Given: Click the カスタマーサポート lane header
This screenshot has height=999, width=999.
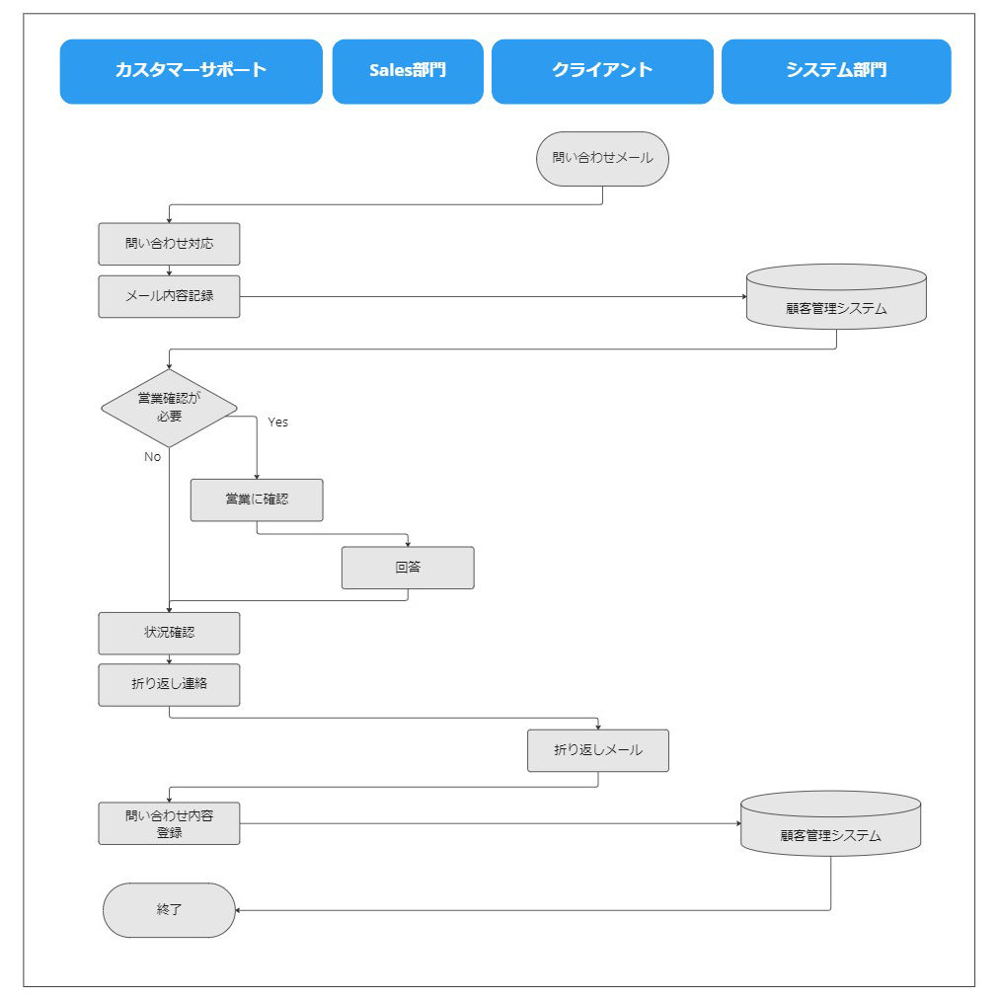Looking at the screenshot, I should click(191, 71).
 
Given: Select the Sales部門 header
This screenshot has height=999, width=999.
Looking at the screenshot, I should click(408, 71).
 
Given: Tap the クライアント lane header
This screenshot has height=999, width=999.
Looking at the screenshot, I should click(602, 71).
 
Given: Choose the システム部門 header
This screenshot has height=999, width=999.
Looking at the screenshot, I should click(836, 71).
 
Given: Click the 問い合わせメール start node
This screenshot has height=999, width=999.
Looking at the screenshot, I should click(602, 158).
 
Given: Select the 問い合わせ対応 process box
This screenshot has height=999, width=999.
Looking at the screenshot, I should click(169, 244).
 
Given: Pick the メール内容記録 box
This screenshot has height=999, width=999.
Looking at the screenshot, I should click(169, 296).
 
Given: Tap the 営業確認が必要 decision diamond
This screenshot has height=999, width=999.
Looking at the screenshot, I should click(169, 408).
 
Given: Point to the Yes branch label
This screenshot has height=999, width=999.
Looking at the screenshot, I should click(278, 422).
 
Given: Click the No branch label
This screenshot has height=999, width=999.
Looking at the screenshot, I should click(152, 457).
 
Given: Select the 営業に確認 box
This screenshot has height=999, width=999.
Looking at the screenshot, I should click(257, 499).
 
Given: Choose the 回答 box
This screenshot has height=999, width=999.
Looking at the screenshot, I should click(408, 568).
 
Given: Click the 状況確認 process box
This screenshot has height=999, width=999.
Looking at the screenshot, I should click(169, 633).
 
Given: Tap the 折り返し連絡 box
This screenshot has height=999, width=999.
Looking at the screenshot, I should click(169, 684).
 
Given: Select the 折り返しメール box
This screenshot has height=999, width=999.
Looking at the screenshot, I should click(598, 750).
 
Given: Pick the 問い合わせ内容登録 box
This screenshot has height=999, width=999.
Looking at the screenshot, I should click(169, 823).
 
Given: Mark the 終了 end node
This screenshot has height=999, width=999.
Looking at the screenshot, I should click(169, 910).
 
